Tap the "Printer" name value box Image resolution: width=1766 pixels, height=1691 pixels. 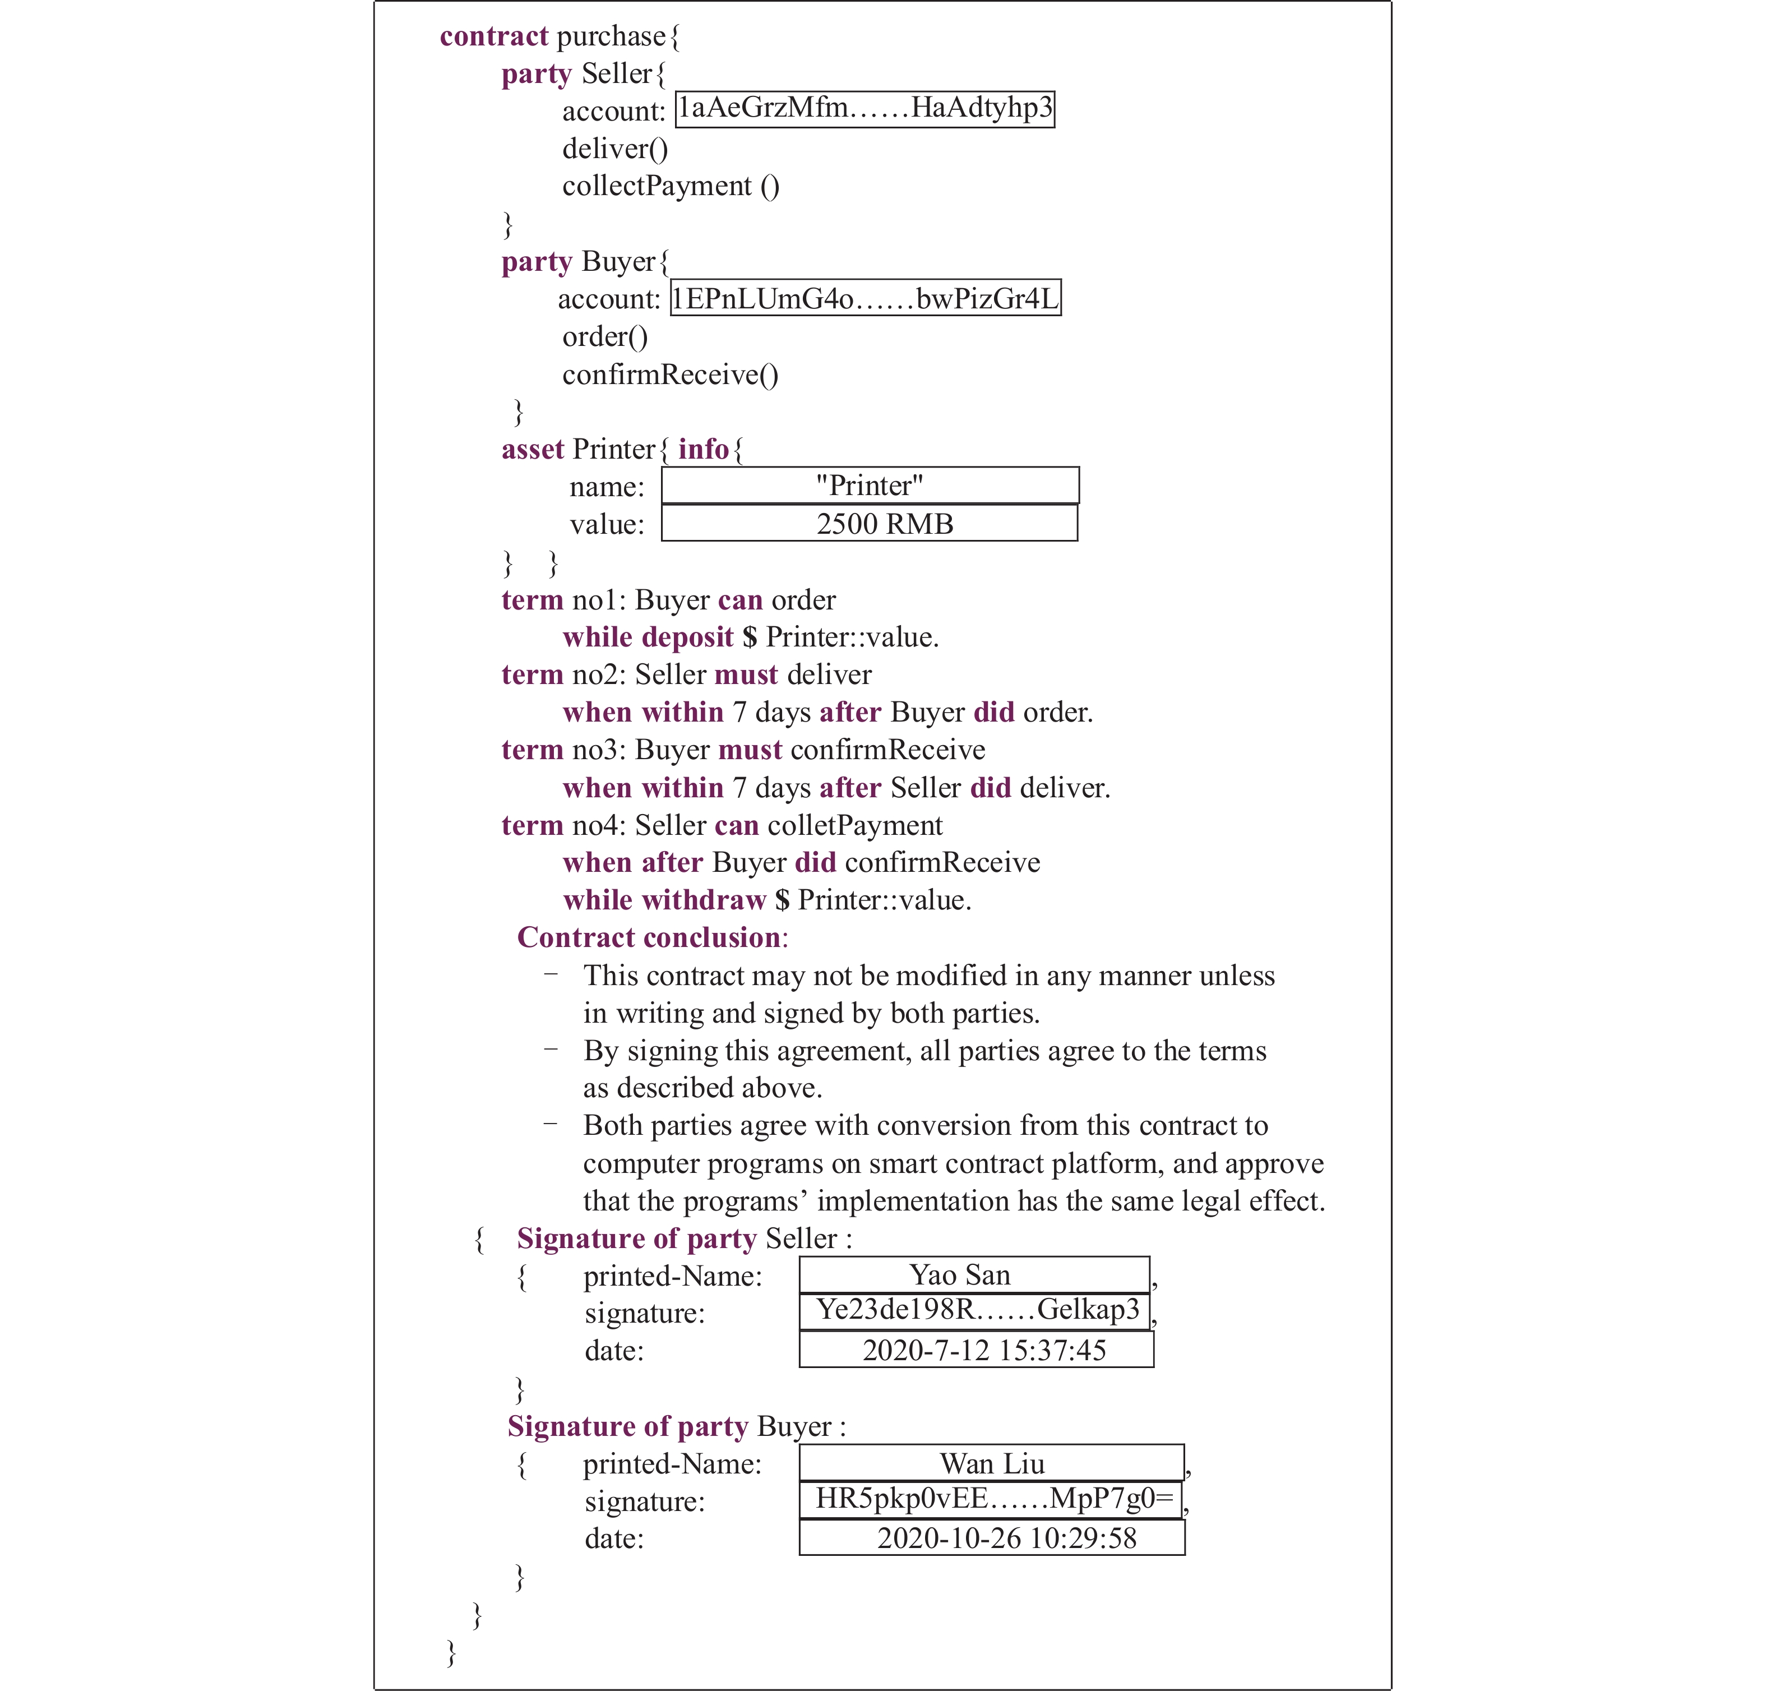[870, 486]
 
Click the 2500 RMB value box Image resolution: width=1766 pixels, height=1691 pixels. [870, 524]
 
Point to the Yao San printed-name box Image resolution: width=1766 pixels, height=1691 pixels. [974, 1275]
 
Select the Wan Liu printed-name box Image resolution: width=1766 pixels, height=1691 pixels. [991, 1463]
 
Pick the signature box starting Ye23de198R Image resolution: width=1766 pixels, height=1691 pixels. [974, 1311]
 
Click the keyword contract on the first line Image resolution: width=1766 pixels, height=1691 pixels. [494, 36]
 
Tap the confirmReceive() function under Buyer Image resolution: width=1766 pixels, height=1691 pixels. [671, 374]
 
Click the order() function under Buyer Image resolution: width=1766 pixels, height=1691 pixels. [604, 337]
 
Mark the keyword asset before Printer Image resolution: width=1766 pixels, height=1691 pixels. [533, 449]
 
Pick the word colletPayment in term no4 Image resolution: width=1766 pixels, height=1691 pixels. [855, 825]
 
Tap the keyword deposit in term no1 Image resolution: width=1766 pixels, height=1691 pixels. [688, 637]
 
